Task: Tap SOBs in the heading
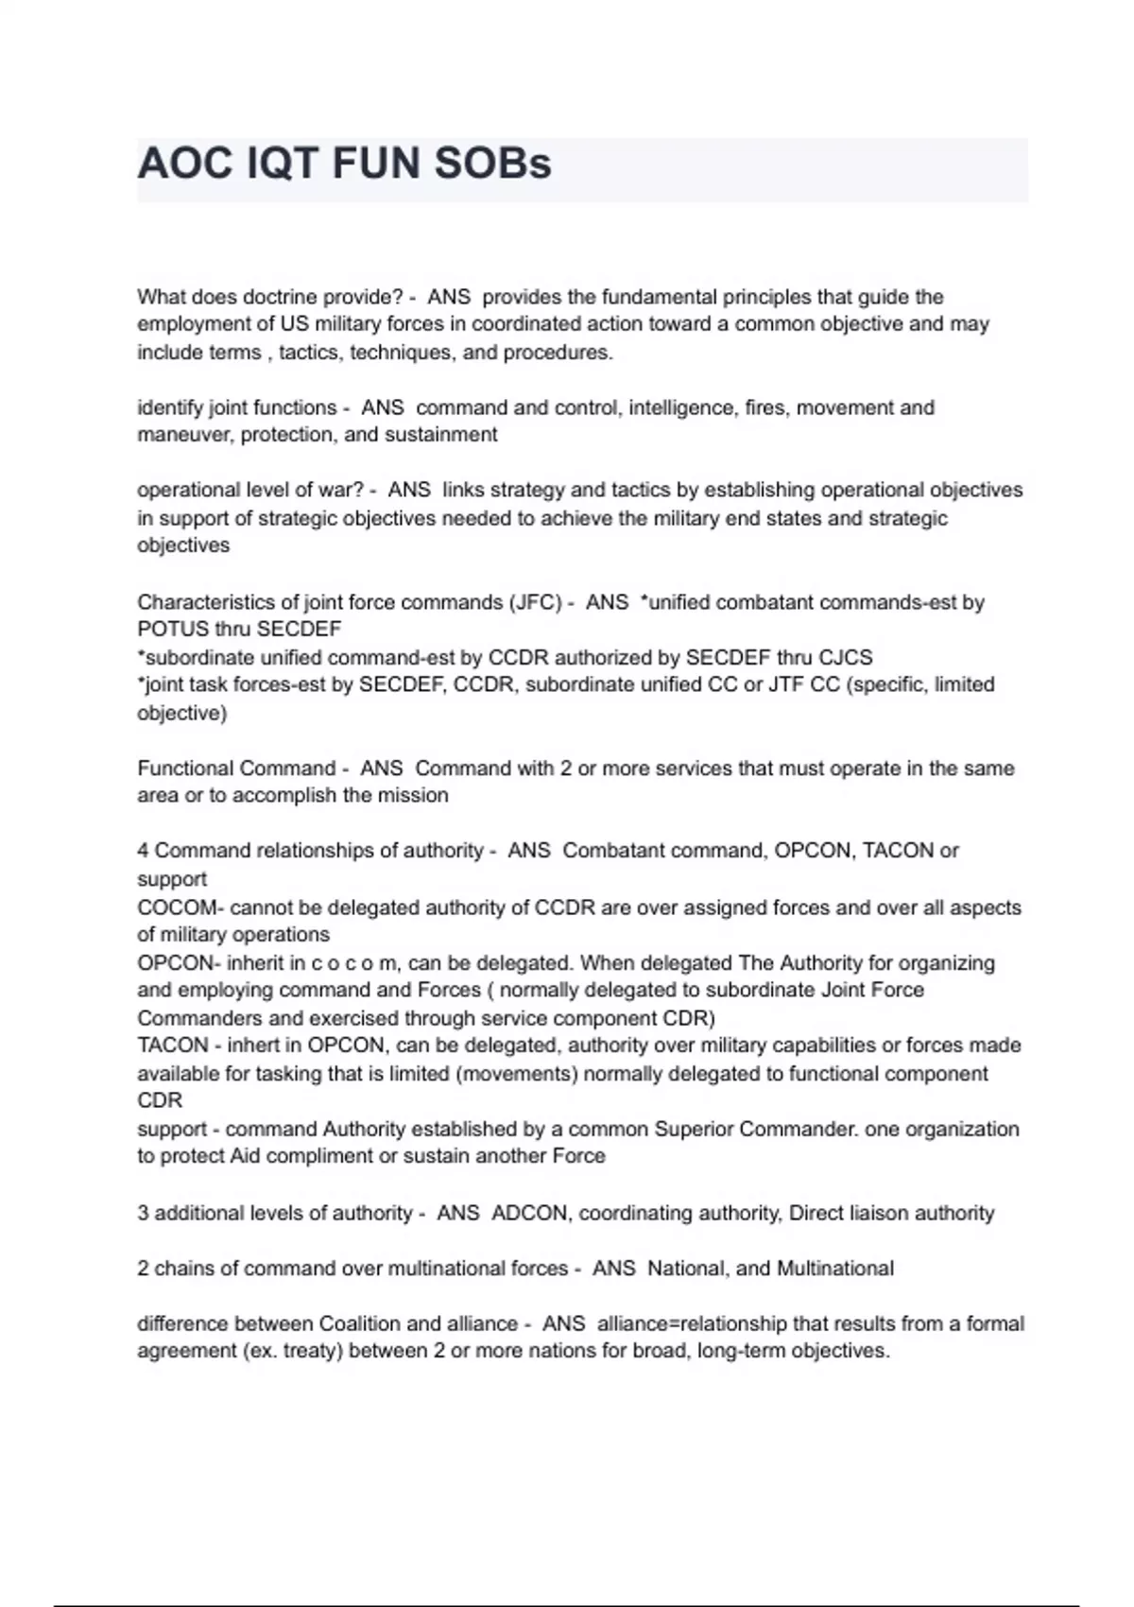coord(492,164)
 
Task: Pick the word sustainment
coord(443,435)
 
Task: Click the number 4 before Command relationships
coord(143,851)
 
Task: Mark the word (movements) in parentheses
coord(519,1074)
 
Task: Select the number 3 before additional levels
coord(143,1213)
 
